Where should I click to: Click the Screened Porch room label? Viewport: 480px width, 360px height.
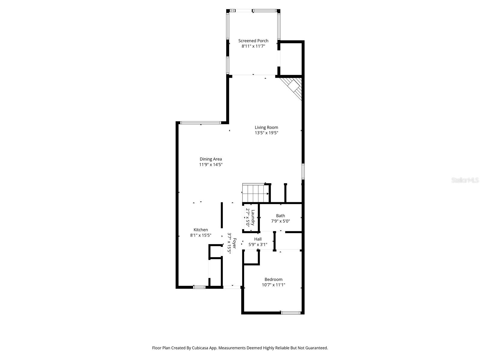click(253, 41)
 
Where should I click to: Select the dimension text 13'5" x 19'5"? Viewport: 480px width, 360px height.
click(266, 133)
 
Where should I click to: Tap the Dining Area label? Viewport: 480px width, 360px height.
click(211, 159)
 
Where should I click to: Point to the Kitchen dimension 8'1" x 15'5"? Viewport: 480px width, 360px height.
click(201, 235)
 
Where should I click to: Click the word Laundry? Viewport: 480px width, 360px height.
click(253, 218)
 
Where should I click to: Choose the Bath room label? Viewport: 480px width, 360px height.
click(280, 216)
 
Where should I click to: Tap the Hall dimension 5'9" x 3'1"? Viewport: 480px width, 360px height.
click(258, 244)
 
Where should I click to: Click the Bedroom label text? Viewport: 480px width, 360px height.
click(273, 280)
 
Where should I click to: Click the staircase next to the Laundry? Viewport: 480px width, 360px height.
click(255, 193)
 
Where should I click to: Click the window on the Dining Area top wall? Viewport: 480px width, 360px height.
click(201, 123)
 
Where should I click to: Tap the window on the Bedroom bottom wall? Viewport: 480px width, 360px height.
click(290, 313)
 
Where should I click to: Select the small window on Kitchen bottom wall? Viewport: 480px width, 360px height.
click(199, 287)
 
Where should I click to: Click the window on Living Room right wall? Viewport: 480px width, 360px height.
click(303, 171)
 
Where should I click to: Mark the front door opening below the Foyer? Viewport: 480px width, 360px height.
click(232, 287)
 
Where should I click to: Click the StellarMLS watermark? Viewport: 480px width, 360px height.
click(465, 180)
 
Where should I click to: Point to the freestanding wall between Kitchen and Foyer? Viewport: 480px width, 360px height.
click(222, 215)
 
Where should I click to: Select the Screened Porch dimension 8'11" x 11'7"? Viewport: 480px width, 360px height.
click(253, 46)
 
